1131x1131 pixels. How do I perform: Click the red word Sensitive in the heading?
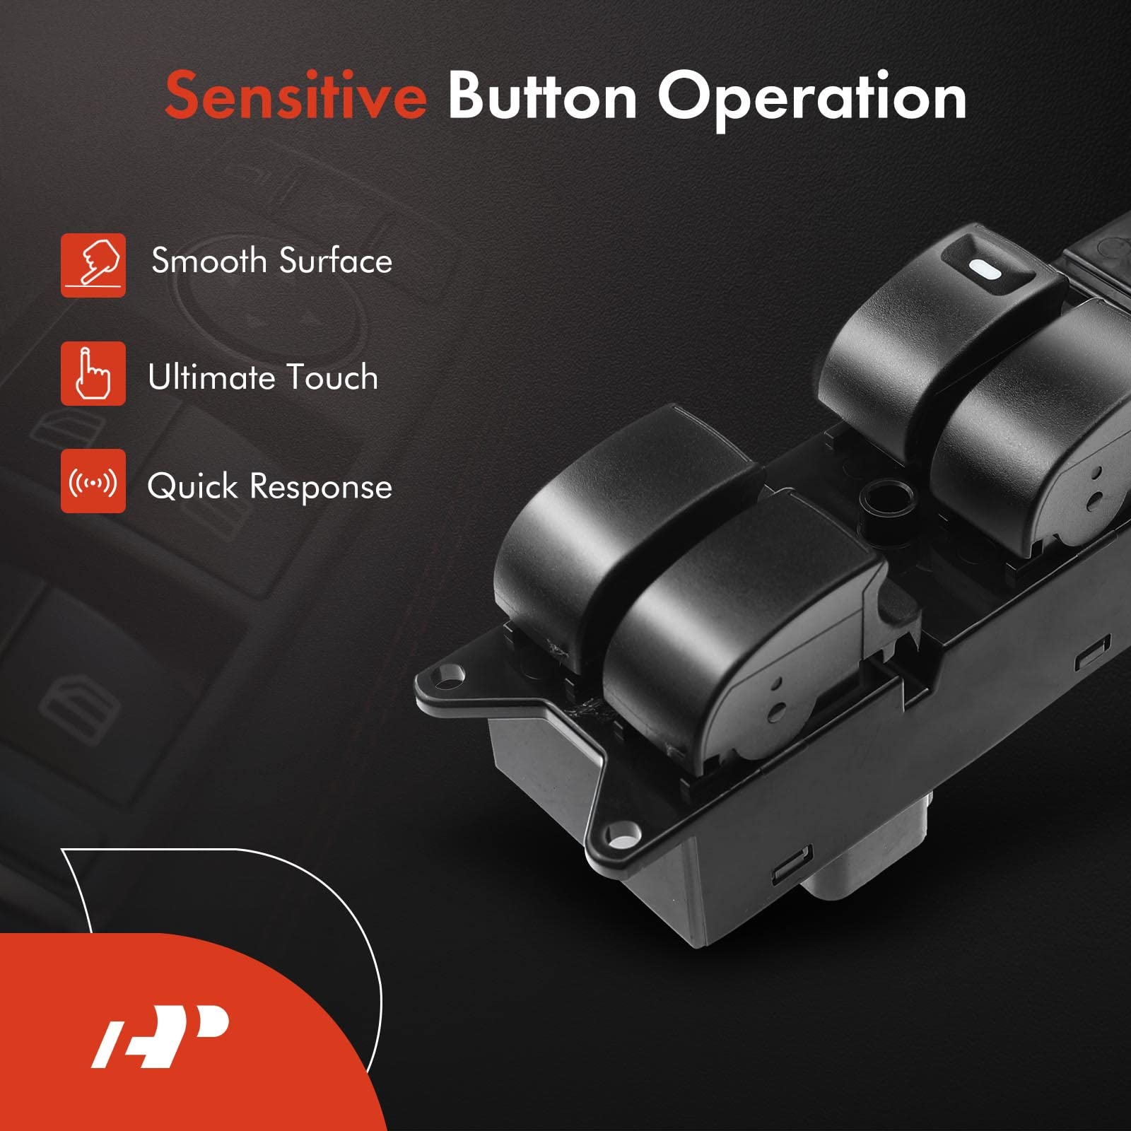tap(295, 97)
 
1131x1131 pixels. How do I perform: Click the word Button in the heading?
tap(542, 97)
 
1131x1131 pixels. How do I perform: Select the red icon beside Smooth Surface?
tap(93, 265)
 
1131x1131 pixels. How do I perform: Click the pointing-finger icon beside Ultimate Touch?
tap(93, 373)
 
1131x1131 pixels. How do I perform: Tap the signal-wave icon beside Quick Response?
tap(93, 481)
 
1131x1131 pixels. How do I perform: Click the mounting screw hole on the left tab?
tap(448, 674)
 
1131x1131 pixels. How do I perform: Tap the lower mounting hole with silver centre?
tap(619, 840)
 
